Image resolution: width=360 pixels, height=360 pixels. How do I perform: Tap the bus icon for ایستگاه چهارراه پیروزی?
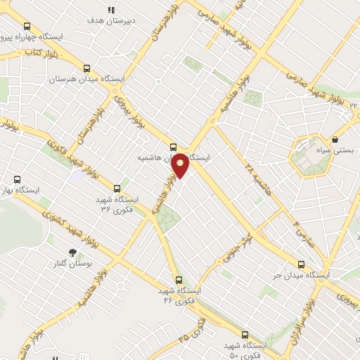click(27, 26)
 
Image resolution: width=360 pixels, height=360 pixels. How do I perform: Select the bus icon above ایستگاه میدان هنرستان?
click(86, 68)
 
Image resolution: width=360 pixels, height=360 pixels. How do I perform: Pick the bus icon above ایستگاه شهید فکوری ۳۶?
click(117, 188)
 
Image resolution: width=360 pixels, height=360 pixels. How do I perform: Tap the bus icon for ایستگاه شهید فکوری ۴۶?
click(179, 278)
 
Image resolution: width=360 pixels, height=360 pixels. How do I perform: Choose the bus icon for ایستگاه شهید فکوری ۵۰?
click(245, 335)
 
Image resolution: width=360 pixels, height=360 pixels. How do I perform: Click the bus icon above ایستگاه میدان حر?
click(302, 264)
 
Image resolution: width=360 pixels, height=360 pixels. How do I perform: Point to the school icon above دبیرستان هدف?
click(110, 10)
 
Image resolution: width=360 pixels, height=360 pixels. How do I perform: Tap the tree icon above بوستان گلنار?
click(72, 252)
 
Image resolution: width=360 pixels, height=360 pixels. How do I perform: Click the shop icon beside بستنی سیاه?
click(335, 139)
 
